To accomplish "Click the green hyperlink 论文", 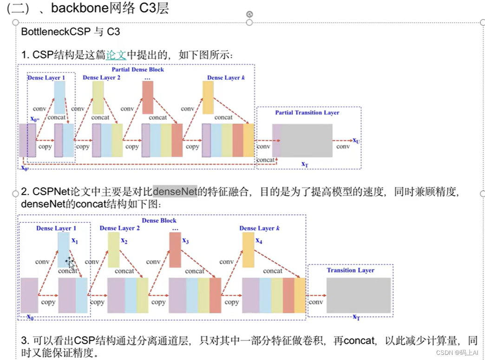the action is [x=116, y=55].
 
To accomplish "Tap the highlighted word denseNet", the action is [x=175, y=191].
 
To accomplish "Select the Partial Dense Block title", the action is [x=138, y=70].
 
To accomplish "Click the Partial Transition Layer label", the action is [x=307, y=113].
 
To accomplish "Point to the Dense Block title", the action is [x=159, y=221].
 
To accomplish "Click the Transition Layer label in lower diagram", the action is [x=350, y=270].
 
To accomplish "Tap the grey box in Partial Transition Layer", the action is [x=307, y=140].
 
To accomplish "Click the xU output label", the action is [x=356, y=140].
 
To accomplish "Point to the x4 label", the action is [x=259, y=241].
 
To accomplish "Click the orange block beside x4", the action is [x=248, y=250].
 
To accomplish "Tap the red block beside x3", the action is [x=175, y=250].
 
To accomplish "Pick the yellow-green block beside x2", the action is [x=113, y=250].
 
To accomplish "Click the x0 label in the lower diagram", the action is [x=30, y=317].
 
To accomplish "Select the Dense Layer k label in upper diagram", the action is [x=226, y=78].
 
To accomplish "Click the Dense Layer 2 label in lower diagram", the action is [x=119, y=228].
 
